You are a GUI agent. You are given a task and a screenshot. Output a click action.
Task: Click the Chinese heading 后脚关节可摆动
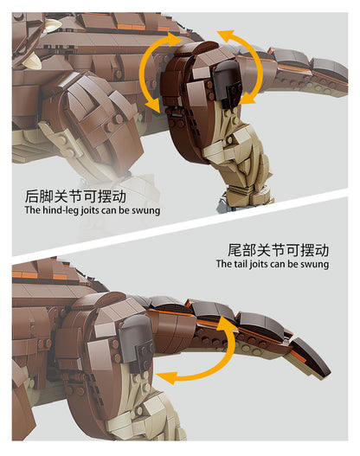[x=75, y=196]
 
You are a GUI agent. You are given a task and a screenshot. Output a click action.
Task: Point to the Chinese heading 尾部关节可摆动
[x=278, y=250]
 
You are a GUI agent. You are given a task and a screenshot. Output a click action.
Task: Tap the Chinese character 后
[x=32, y=196]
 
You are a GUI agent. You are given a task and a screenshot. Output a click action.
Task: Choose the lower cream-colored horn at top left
[x=33, y=61]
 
